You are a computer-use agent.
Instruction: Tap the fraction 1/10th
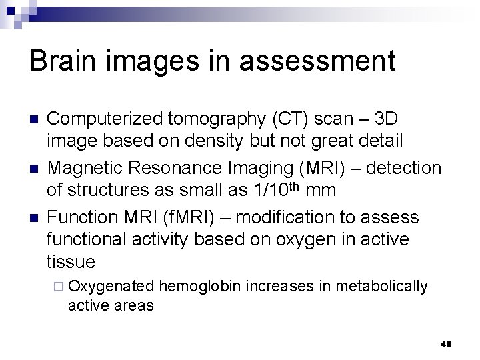[x=275, y=190]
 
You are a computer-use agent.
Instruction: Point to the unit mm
[x=321, y=191]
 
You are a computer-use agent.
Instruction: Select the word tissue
[x=71, y=261]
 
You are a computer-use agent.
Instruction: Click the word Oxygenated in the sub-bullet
[x=111, y=287]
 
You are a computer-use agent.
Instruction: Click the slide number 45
[x=446, y=345]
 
